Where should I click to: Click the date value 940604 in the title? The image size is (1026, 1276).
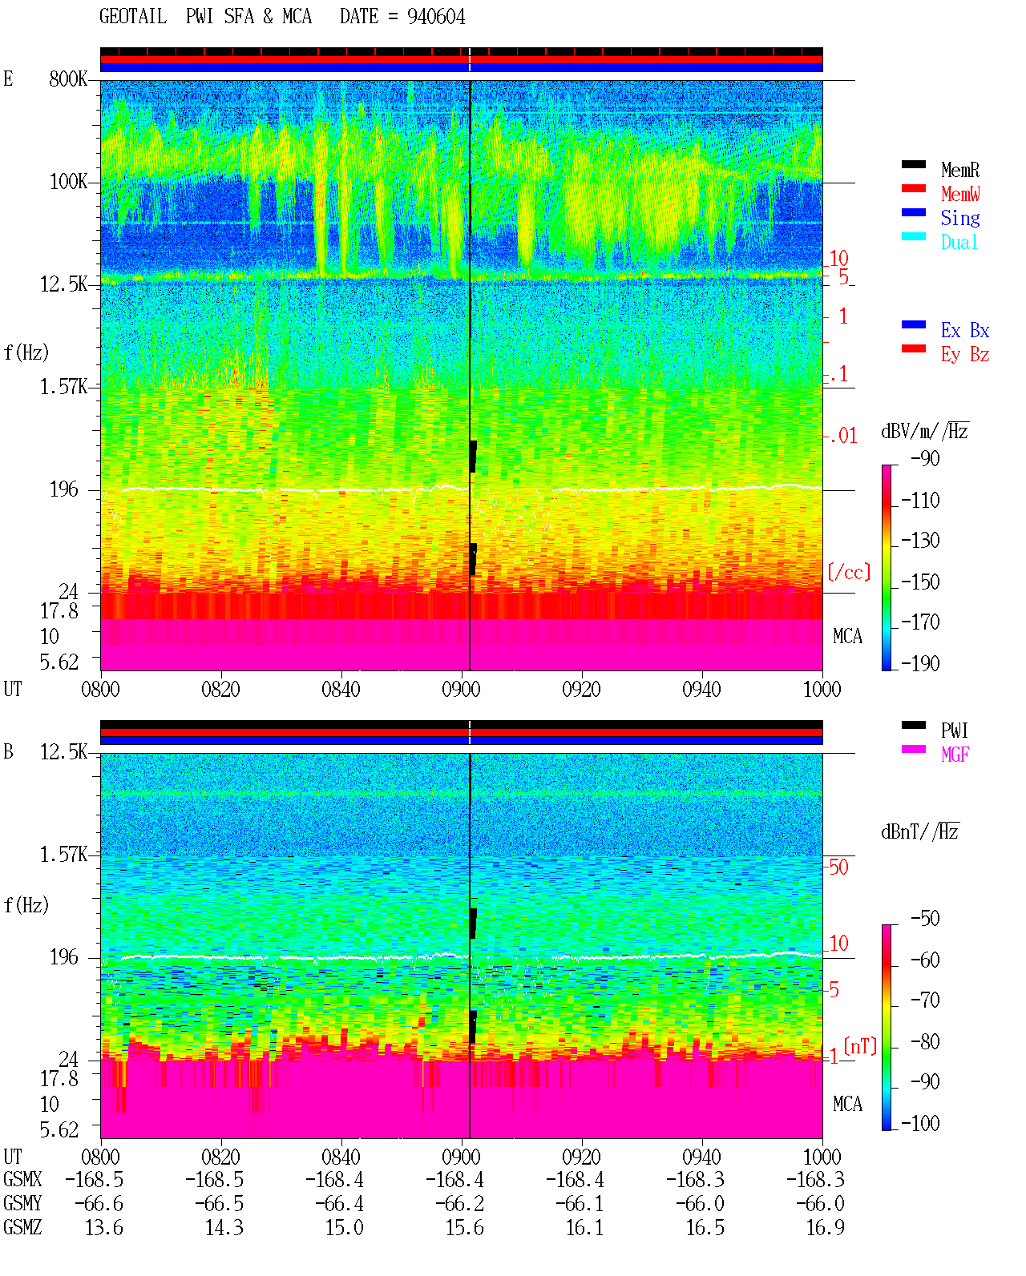435,17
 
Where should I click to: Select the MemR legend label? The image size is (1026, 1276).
959,170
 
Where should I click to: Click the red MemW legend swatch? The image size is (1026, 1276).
913,188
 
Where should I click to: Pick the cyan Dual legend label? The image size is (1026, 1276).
959,242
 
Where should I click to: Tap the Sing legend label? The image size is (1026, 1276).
959,218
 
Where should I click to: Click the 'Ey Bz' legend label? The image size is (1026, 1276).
964,354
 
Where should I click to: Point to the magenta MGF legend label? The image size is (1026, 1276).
955,755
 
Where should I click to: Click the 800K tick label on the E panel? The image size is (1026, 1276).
68,78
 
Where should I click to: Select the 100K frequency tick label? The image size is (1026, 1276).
68,182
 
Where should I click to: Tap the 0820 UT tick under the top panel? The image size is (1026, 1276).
220,689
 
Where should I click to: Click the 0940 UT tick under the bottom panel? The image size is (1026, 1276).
701,1157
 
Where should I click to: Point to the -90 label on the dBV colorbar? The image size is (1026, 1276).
925,458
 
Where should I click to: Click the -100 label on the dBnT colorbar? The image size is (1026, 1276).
920,1123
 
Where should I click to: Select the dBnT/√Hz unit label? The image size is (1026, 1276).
920,831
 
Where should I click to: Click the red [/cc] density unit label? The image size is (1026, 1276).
849,572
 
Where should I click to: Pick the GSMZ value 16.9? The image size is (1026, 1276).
825,1227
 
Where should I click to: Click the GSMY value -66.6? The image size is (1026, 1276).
99,1204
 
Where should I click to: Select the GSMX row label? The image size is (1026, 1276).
22,1179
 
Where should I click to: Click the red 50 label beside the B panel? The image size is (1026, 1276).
838,867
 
